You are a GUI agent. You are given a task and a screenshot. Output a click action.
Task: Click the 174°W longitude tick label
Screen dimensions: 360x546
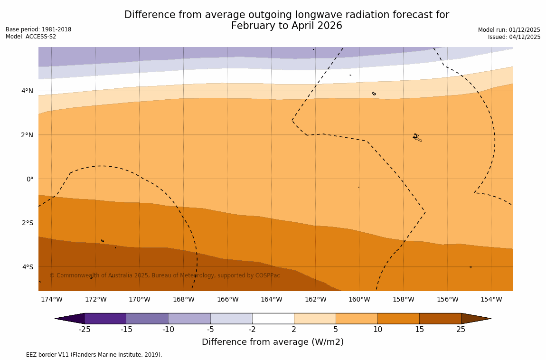[x=51, y=299]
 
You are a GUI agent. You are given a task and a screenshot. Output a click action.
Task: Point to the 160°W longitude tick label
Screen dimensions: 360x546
[x=359, y=299]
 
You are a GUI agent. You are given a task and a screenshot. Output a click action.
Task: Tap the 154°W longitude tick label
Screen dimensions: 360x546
[x=491, y=299]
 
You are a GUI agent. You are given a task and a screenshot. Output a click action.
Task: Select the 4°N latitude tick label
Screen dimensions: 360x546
[x=28, y=91]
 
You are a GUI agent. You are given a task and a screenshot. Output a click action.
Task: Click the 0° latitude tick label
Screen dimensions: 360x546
[x=30, y=179]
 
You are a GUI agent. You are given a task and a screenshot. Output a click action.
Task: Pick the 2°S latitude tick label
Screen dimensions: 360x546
[x=28, y=223]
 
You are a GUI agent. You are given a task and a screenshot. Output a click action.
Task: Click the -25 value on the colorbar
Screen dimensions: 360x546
[x=85, y=330]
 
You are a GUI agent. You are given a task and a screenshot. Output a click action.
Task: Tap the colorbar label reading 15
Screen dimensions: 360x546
[x=419, y=330]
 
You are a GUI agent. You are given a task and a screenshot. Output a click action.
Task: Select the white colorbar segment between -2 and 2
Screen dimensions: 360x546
[x=273, y=318]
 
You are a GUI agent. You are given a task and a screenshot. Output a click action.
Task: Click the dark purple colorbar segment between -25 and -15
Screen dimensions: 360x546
[x=105, y=318]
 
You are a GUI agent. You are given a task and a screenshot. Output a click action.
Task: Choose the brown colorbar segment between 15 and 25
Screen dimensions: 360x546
[x=440, y=318]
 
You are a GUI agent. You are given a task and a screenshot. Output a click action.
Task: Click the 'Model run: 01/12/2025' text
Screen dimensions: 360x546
[x=509, y=30]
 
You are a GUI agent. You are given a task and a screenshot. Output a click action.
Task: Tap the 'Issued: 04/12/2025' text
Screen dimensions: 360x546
[x=514, y=37]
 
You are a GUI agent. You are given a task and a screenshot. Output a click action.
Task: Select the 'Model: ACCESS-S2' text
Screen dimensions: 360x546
[x=31, y=37]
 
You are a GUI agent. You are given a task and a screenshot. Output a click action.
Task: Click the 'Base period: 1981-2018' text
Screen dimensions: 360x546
[x=38, y=29]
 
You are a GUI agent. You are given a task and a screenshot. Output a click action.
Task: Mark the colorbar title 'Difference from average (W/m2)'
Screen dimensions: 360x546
[x=273, y=342]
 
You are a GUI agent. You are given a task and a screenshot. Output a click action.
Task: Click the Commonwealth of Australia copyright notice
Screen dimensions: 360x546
[x=165, y=275]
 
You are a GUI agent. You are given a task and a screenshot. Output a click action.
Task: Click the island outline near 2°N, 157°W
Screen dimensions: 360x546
[x=417, y=137]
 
